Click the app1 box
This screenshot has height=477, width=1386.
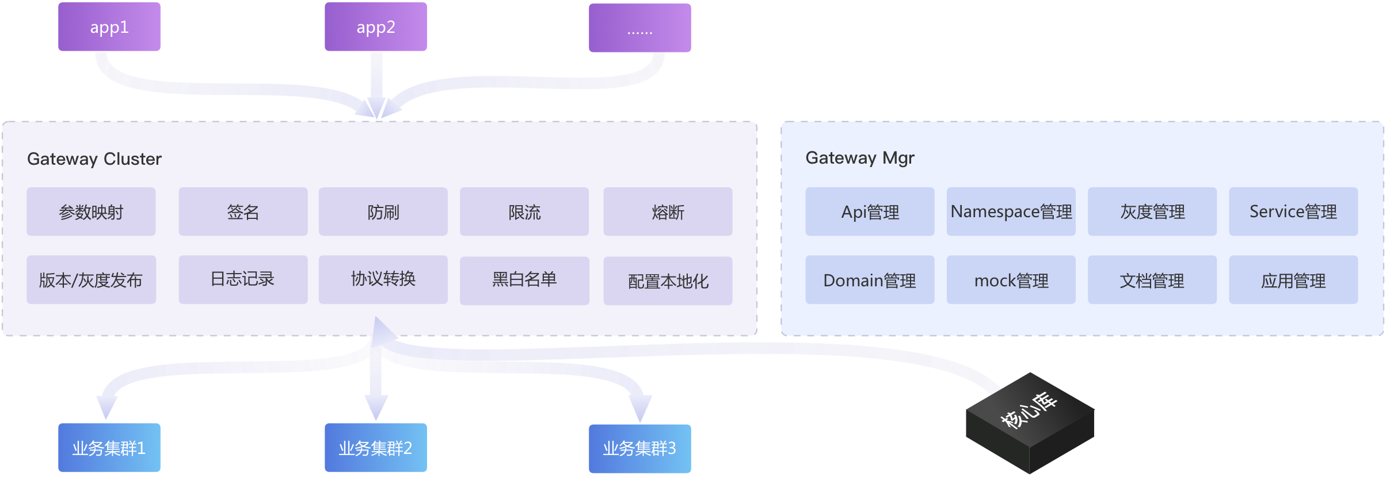(109, 27)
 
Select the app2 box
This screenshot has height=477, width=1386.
(375, 27)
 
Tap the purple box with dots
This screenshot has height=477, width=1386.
(639, 28)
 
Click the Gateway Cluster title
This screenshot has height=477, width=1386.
(94, 159)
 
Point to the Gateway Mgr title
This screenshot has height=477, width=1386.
(859, 158)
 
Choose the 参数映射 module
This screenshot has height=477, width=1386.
(91, 212)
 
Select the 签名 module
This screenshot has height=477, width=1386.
(243, 212)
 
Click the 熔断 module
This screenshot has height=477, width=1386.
(668, 212)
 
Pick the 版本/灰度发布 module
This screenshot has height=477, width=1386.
(91, 280)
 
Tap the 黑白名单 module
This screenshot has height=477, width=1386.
(524, 280)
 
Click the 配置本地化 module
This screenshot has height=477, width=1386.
(668, 281)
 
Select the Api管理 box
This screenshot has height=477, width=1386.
(870, 212)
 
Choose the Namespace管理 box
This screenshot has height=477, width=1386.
(1011, 212)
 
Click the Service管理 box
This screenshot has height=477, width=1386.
(1293, 212)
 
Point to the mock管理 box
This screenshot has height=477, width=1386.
(1011, 280)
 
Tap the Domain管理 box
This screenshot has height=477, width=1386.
(870, 280)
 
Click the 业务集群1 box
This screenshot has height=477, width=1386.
(109, 448)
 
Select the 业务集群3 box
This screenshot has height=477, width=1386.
(639, 448)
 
